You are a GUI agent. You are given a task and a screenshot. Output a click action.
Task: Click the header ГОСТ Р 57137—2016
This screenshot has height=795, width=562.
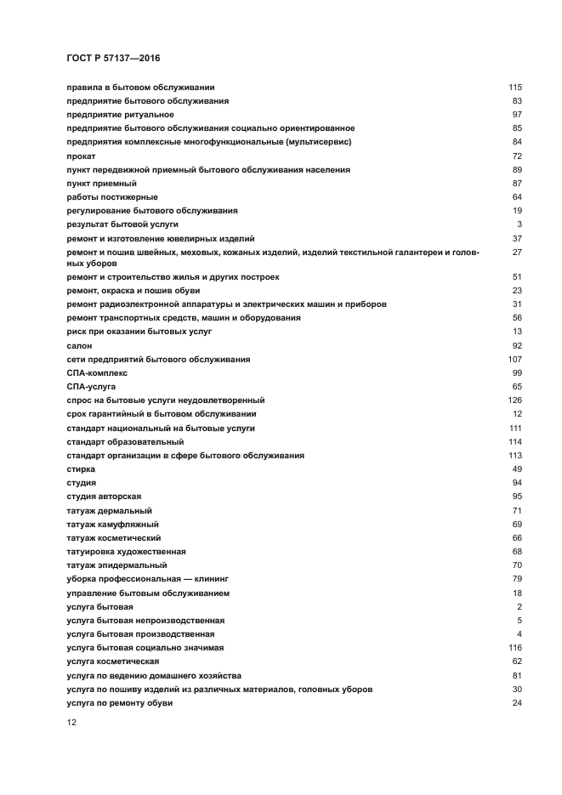coord(113,58)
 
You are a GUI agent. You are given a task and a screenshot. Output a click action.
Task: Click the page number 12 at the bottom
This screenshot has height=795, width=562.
coord(71,722)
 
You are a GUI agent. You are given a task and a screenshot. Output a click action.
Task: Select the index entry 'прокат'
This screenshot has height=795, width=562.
coord(80,156)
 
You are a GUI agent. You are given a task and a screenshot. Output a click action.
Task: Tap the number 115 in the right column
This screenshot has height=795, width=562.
coord(514,88)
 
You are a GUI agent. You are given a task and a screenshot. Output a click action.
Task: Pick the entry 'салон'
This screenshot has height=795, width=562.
coord(79,346)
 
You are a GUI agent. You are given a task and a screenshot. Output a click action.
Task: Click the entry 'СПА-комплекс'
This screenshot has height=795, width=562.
coord(96,373)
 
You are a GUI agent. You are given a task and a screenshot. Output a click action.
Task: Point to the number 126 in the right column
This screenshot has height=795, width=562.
coord(514,400)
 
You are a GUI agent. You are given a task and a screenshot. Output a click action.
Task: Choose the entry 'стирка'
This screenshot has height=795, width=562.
coord(80,469)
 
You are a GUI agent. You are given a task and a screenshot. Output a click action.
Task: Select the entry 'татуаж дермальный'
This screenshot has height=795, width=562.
coord(109,510)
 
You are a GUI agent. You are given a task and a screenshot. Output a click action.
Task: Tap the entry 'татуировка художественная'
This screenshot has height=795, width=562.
coord(125,552)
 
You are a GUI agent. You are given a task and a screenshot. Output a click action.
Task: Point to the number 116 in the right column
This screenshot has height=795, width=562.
coord(514,648)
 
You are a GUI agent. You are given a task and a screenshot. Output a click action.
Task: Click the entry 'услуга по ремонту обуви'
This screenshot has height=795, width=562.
coord(119,703)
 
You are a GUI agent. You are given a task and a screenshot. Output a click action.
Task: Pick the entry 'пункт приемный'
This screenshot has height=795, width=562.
coord(101,184)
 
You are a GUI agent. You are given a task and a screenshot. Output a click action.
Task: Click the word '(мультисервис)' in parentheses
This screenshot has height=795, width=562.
coord(319,142)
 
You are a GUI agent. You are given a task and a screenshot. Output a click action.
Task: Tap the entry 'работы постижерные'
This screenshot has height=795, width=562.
coord(111,197)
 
